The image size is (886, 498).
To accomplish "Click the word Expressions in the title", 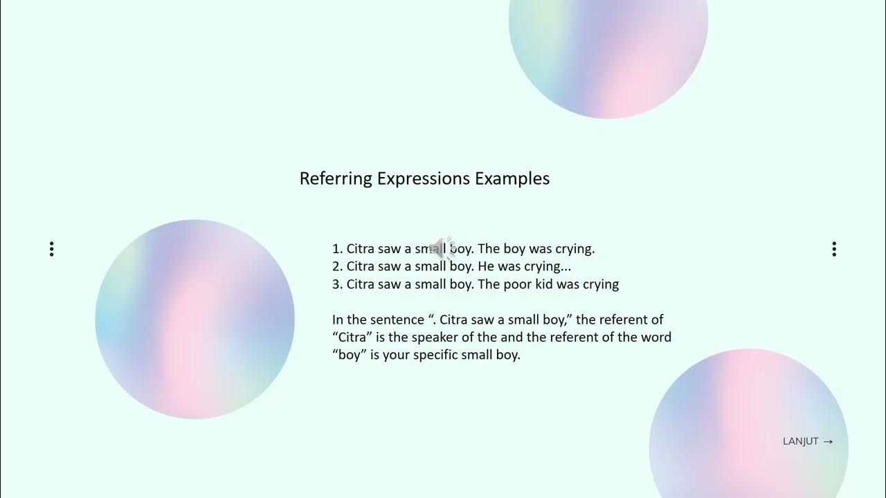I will (424, 178).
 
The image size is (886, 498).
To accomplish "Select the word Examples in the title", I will (512, 178).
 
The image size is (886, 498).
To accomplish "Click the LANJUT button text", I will (801, 441).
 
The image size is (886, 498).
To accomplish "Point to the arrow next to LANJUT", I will (828, 441).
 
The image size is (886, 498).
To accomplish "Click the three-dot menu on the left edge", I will (51, 249).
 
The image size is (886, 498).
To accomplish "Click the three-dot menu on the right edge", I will (834, 249).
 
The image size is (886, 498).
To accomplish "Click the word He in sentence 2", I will (485, 266).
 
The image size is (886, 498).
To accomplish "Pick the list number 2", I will (336, 266).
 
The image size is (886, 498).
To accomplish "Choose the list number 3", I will (336, 284).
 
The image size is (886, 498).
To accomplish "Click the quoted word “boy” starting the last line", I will (347, 356).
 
